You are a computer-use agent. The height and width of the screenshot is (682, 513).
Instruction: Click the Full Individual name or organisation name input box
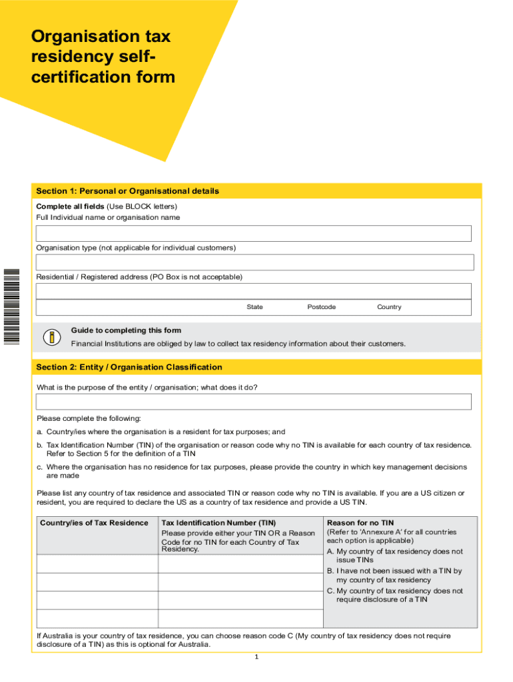coord(254,233)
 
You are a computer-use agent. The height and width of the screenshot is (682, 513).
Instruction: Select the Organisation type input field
coord(254,262)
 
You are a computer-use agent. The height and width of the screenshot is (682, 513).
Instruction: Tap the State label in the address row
coord(255,307)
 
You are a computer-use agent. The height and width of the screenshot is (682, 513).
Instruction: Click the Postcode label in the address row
coord(321,307)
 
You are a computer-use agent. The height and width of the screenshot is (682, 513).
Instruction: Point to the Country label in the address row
coord(389,307)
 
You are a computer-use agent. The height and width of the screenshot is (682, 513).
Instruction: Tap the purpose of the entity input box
coord(254,402)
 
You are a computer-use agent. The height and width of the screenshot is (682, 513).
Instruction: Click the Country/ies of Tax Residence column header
coord(94,523)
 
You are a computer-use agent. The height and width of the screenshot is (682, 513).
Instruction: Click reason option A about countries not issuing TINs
coord(394,556)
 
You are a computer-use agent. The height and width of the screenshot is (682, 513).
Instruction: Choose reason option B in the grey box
coord(394,575)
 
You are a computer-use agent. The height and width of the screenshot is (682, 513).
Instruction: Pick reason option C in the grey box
coord(394,595)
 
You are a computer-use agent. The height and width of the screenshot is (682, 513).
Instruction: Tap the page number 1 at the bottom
coord(256,657)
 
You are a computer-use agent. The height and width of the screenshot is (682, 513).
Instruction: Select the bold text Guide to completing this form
coord(126,330)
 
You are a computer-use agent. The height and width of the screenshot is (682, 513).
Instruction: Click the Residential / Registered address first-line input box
coord(254,291)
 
